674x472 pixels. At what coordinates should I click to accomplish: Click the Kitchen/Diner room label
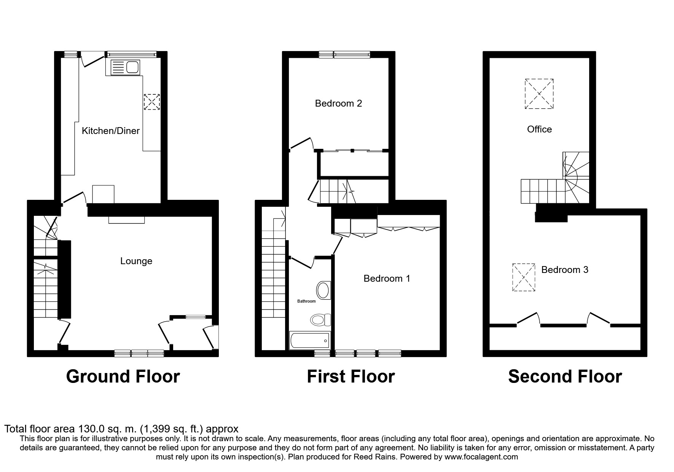tap(111, 131)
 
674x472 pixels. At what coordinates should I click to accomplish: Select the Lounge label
tap(136, 261)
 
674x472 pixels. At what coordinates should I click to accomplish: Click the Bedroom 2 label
tap(338, 103)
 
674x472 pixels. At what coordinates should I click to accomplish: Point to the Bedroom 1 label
tap(387, 279)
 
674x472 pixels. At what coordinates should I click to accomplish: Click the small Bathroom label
tap(306, 301)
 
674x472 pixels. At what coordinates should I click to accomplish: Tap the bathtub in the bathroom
tap(309, 341)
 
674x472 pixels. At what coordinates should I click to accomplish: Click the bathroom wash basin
tap(323, 290)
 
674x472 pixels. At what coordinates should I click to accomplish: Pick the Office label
tap(539, 129)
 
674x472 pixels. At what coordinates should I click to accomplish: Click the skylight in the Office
tap(539, 94)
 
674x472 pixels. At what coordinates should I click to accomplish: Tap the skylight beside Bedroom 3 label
tap(524, 277)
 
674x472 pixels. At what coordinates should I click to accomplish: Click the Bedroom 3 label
tap(565, 270)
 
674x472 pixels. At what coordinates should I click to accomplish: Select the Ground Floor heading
tap(123, 376)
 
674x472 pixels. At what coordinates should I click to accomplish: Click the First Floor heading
tap(351, 376)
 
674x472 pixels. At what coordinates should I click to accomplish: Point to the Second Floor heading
tap(565, 376)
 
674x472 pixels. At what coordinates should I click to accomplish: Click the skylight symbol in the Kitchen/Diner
tap(151, 102)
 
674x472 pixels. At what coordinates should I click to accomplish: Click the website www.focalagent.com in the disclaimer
tap(481, 457)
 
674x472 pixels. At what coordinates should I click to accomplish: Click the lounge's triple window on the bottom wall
tap(139, 354)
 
